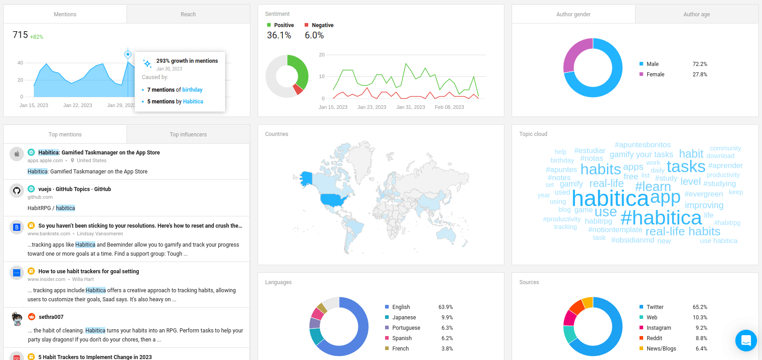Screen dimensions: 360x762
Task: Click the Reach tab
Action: click(188, 14)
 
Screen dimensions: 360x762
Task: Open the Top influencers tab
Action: click(188, 135)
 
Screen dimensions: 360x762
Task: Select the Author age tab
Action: click(696, 14)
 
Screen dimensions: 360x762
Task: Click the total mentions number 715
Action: click(20, 35)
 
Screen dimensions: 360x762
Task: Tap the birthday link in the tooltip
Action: click(192, 90)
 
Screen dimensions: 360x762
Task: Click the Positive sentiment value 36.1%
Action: click(279, 35)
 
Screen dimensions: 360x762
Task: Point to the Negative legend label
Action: click(322, 25)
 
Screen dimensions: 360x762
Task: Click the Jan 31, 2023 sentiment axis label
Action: click(410, 107)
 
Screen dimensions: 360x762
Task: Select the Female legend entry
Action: click(655, 75)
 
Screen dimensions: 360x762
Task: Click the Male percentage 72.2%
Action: click(700, 64)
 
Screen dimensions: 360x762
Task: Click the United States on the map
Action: click(334, 200)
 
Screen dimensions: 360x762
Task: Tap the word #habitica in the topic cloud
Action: click(661, 218)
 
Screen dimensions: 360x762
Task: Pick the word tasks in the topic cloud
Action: click(686, 167)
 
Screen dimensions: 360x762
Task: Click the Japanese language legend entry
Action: click(404, 318)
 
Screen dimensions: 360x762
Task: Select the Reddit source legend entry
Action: click(654, 338)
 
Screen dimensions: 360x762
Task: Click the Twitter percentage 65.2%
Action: click(700, 307)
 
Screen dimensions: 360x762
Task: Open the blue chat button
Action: click(746, 341)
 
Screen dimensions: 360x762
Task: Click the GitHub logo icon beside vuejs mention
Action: click(17, 191)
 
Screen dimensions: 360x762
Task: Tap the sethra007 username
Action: click(51, 317)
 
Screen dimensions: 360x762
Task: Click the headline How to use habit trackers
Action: click(89, 271)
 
